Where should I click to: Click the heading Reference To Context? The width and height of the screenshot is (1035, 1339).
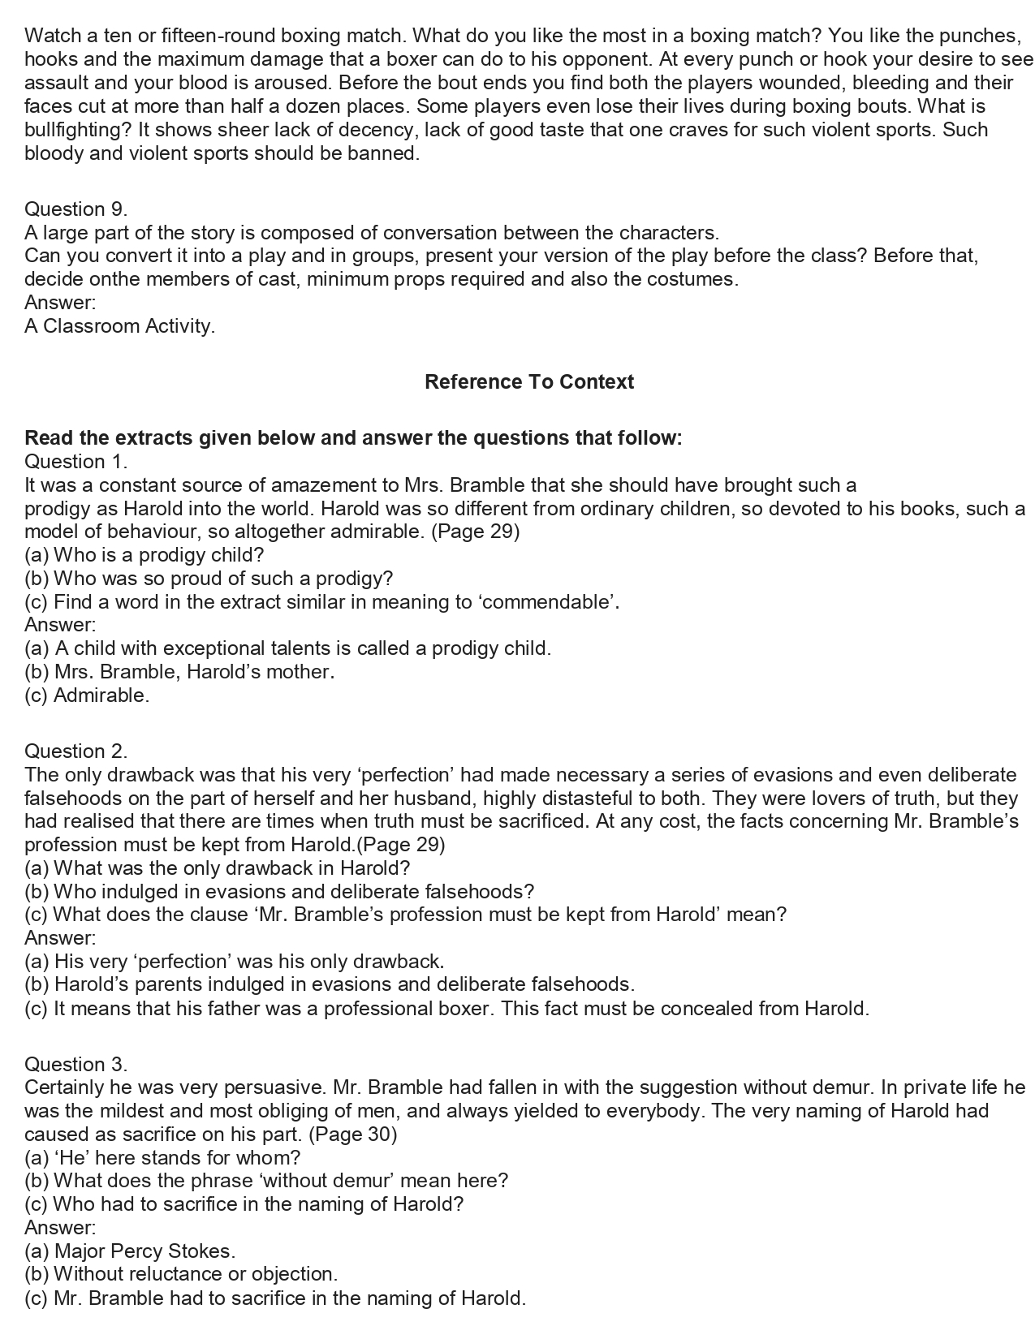tap(528, 381)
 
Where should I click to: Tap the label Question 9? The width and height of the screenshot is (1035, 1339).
tap(75, 209)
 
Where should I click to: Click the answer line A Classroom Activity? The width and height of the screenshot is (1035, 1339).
tap(120, 326)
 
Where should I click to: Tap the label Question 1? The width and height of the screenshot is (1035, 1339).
tap(75, 462)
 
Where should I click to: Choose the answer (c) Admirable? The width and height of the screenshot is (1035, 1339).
tap(87, 695)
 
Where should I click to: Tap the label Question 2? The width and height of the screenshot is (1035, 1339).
tap(75, 751)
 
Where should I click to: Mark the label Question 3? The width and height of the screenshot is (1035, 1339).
tap(75, 1064)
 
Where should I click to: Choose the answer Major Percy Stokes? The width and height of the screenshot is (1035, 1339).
tap(144, 1251)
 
